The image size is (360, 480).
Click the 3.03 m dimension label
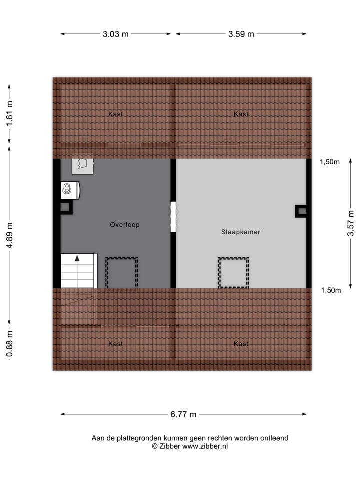[x=115, y=34]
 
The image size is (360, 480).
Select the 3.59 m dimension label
[x=241, y=34]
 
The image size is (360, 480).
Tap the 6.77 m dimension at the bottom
[x=183, y=414]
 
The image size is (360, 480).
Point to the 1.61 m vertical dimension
[x=9, y=114]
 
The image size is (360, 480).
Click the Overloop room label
[x=125, y=225]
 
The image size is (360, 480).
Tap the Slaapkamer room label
[x=241, y=232]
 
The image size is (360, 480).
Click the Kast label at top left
[x=116, y=114]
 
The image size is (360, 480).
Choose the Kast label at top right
[x=241, y=114]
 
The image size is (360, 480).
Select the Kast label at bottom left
[x=116, y=344]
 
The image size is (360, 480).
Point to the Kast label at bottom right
[x=241, y=344]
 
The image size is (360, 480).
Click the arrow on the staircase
[x=77, y=259]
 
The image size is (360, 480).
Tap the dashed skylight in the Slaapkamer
[x=233, y=272]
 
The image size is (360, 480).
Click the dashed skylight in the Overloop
[x=121, y=273]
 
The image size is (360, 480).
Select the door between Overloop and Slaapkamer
[x=173, y=217]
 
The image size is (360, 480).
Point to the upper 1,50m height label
[x=330, y=162]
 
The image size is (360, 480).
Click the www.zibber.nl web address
[x=205, y=446]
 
